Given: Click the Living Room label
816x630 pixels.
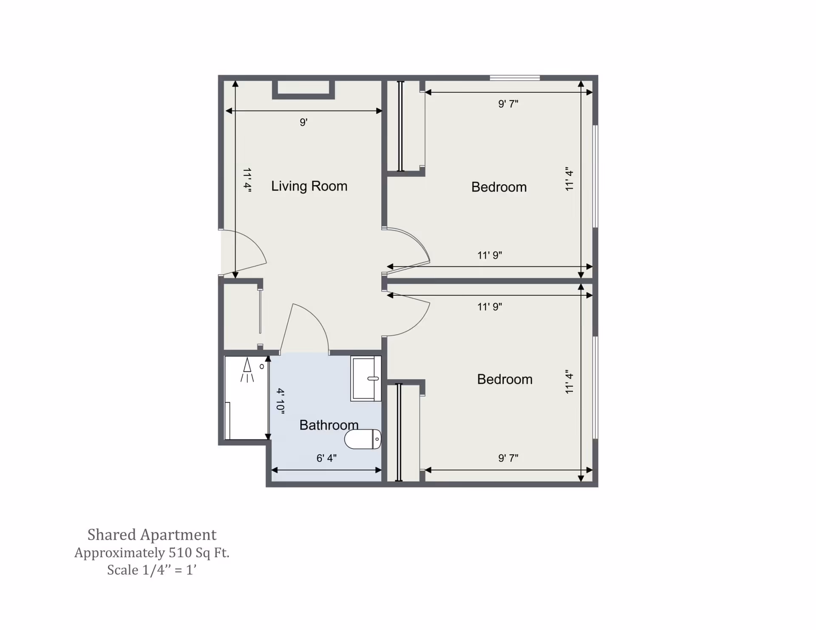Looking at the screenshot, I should pyautogui.click(x=309, y=186).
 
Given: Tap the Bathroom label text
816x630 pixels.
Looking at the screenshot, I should pyautogui.click(x=329, y=425).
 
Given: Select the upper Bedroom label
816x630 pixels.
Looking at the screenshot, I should pyautogui.click(x=499, y=187).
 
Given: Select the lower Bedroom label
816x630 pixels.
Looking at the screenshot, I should pyautogui.click(x=504, y=379).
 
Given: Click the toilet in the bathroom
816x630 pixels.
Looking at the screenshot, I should pyautogui.click(x=363, y=439).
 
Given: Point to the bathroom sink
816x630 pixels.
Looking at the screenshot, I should pyautogui.click(x=365, y=378).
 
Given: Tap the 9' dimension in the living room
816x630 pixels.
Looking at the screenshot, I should pyautogui.click(x=303, y=122).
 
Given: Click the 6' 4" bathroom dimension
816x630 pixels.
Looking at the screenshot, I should pyautogui.click(x=326, y=458).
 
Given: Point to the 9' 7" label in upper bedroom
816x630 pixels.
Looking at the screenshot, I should pyautogui.click(x=508, y=104).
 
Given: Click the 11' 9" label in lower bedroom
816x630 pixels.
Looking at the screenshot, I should pyautogui.click(x=489, y=307).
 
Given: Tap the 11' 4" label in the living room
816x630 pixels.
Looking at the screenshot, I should pyautogui.click(x=247, y=180).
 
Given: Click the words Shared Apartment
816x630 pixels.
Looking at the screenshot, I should pyautogui.click(x=152, y=534).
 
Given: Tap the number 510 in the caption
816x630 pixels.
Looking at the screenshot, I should pyautogui.click(x=180, y=553).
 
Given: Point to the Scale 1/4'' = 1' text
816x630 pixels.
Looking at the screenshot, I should pyautogui.click(x=152, y=570).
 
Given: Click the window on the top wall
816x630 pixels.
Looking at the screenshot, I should pyautogui.click(x=515, y=78).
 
